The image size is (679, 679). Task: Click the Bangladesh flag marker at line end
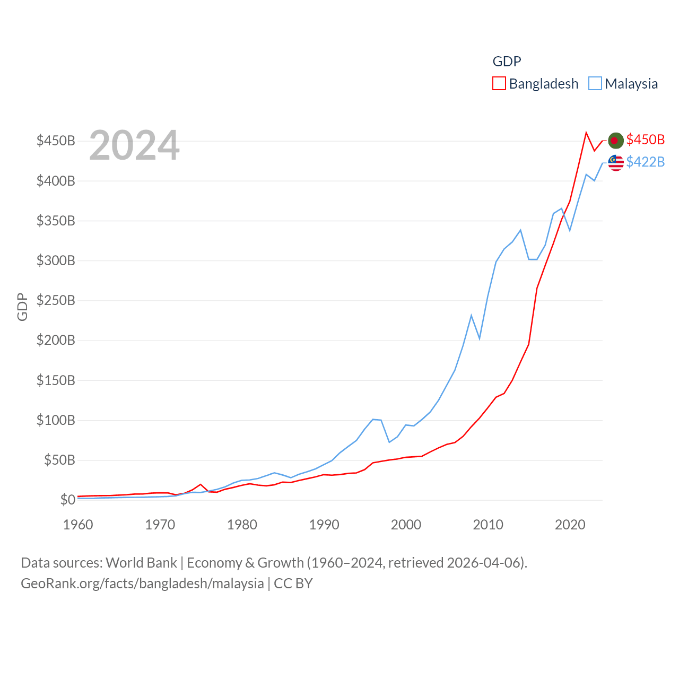[x=615, y=141]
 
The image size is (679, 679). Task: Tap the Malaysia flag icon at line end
[x=615, y=163]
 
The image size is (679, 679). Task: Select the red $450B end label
[x=645, y=140]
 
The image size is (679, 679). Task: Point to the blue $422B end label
[x=645, y=162]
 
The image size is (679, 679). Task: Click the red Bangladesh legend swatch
[x=499, y=84]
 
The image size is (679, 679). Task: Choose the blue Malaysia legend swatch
[x=595, y=84]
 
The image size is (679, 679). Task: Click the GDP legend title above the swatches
[x=507, y=62]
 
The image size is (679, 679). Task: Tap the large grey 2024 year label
[x=134, y=145]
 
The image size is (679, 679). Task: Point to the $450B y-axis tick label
[x=56, y=141]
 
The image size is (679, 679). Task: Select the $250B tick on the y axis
[x=56, y=301]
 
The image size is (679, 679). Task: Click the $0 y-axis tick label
[x=67, y=500]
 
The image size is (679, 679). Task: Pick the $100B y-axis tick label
[x=56, y=421]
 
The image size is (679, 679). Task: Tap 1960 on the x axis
[x=78, y=525]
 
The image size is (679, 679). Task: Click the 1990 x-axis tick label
[x=324, y=525]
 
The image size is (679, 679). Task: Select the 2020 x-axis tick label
[x=570, y=525]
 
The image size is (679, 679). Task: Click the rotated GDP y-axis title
[x=22, y=307]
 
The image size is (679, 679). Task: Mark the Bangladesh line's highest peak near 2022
[x=586, y=133]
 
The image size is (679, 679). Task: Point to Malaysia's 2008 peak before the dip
[x=471, y=316]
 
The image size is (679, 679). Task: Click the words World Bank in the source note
[x=141, y=563]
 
